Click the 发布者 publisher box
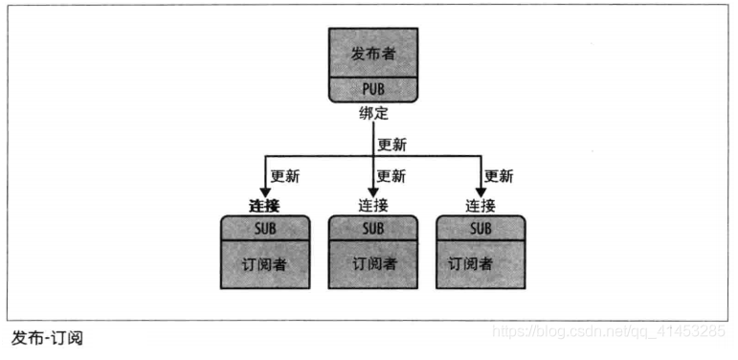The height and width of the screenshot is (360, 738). (372, 54)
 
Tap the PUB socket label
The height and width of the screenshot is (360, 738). (372, 91)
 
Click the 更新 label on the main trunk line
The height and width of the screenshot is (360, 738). (392, 146)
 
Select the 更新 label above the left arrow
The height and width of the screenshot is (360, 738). (285, 177)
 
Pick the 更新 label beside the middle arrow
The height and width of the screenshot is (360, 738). (391, 177)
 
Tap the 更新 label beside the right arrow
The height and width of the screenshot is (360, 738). (499, 177)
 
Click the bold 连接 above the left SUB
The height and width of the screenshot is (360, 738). (265, 205)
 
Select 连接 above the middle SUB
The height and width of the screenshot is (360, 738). (373, 205)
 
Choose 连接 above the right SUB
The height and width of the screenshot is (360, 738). (481, 205)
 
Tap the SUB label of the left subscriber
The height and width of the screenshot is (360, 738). (265, 228)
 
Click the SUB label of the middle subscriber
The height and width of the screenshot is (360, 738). (372, 228)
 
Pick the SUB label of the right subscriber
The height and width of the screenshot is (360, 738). (480, 228)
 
